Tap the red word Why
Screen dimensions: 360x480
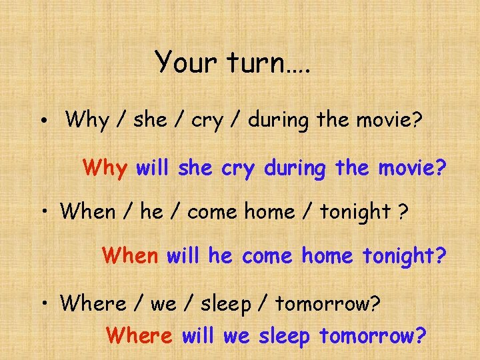[105, 168]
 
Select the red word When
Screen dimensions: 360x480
[130, 255]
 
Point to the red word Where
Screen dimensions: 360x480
[139, 335]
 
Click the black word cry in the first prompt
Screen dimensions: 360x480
[208, 121]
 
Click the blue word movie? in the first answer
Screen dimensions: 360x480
[412, 168]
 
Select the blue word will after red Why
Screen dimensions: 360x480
[153, 168]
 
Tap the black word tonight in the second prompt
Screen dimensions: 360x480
[355, 212]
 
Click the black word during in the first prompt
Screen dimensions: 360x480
[282, 121]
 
